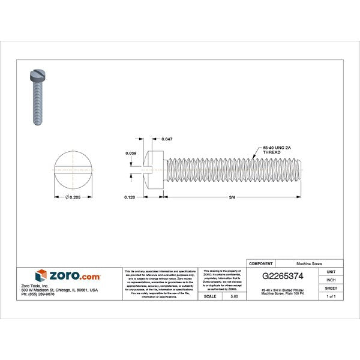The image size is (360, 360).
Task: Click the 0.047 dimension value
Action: click(167, 139)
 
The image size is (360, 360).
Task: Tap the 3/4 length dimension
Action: click(231, 197)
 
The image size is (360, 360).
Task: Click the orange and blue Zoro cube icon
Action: click(41, 275)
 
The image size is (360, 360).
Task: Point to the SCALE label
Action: click(211, 296)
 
